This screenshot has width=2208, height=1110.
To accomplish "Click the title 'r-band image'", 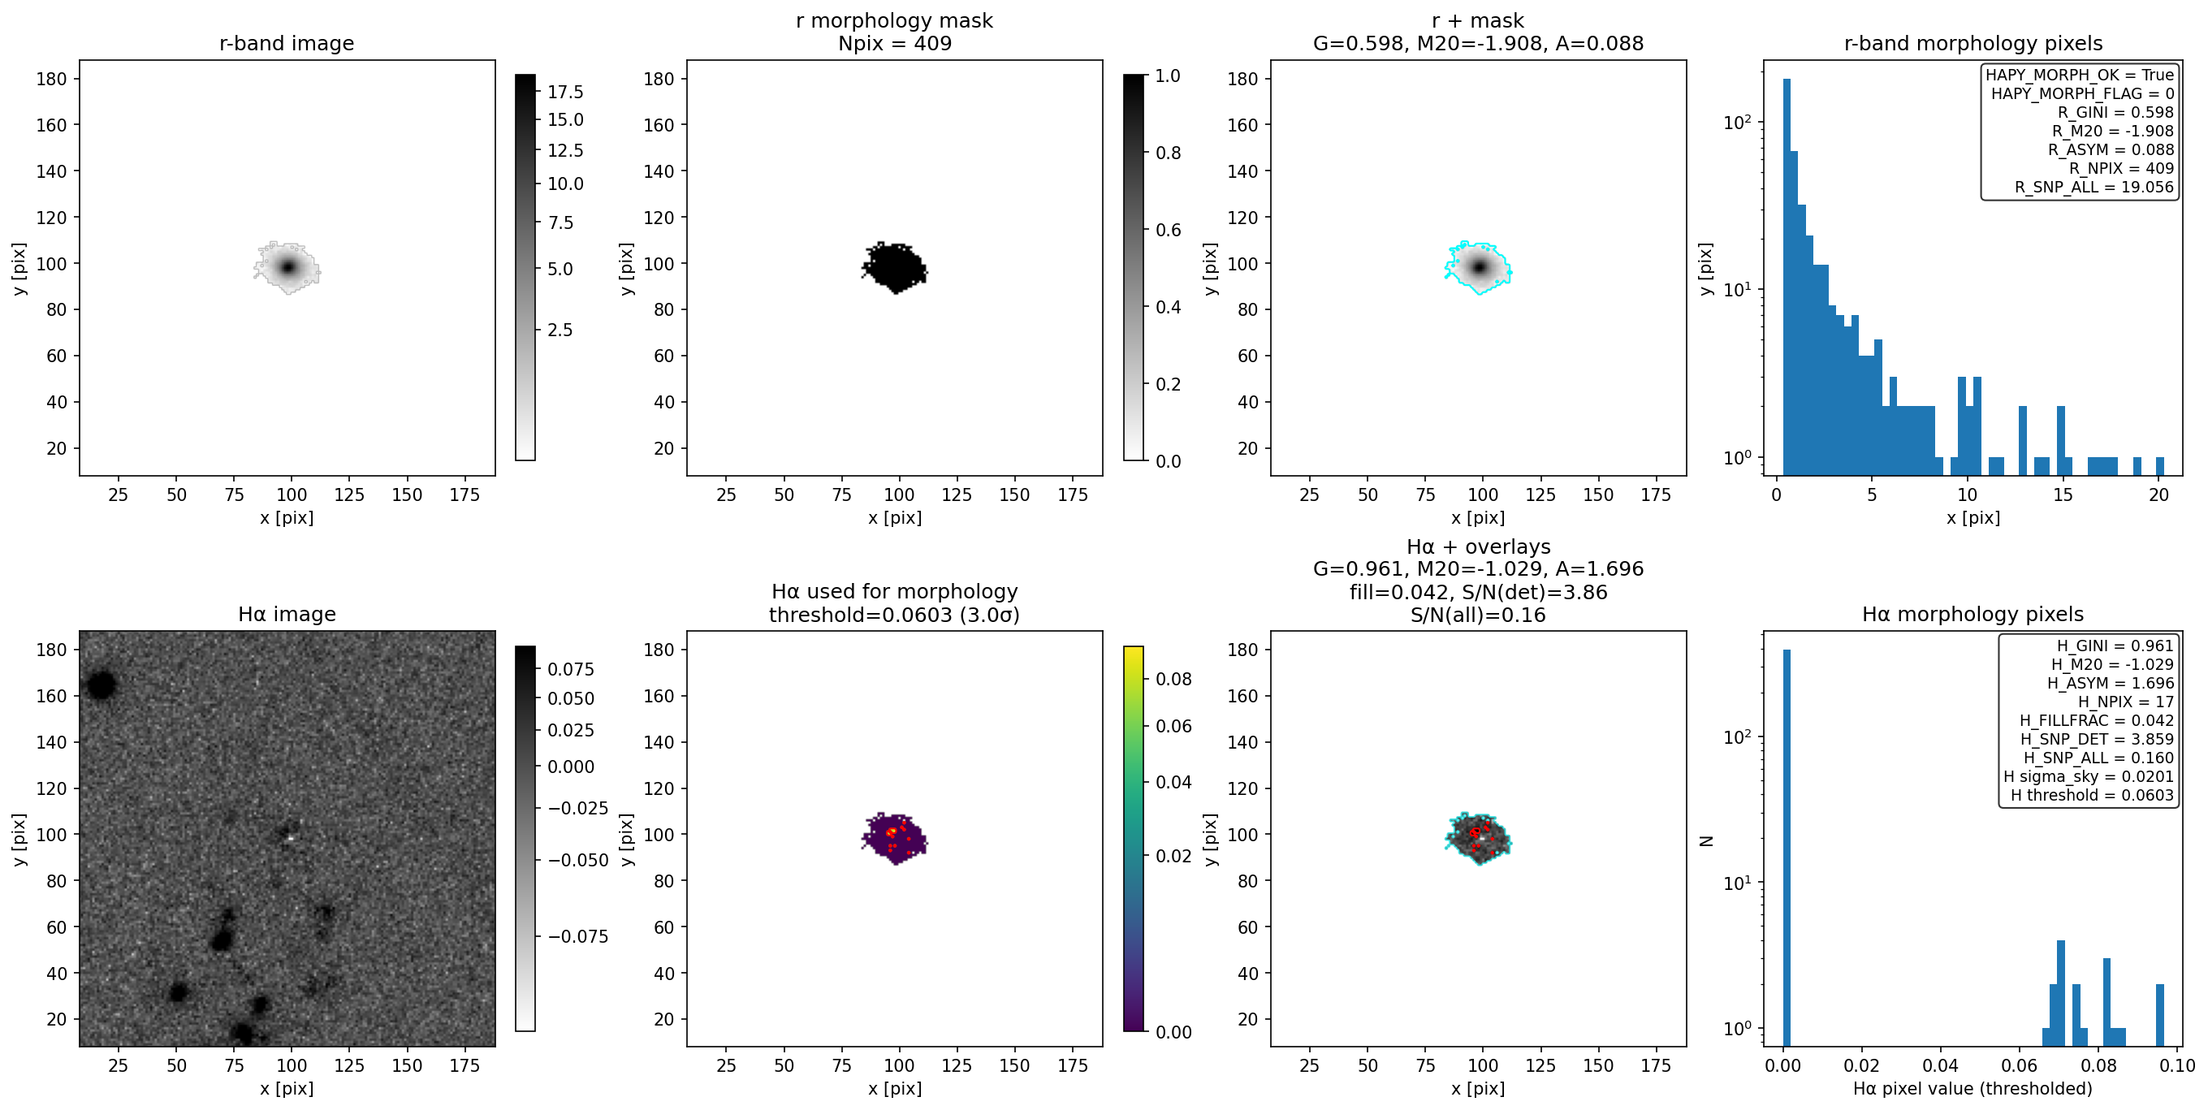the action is [x=287, y=44].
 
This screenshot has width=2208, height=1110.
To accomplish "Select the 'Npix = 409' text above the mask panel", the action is [x=894, y=44].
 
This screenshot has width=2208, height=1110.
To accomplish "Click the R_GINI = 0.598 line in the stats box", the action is [x=2115, y=112].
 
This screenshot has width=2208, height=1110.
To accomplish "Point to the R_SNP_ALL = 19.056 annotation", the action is [x=2094, y=187].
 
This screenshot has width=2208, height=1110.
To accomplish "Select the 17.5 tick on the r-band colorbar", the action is [x=565, y=93].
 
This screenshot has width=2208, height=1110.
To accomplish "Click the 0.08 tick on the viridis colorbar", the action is [x=1173, y=680].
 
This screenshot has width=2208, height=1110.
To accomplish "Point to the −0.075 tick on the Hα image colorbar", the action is [x=577, y=937].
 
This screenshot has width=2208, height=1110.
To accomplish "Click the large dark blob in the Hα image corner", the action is [x=100, y=685].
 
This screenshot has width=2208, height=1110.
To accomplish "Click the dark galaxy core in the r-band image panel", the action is [x=288, y=267].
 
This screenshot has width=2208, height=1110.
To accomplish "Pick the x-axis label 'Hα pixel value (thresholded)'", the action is [x=1973, y=1089].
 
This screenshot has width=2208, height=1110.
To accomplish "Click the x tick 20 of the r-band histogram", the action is [x=2158, y=495].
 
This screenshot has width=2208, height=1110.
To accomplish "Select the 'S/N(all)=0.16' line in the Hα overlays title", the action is [x=1478, y=615].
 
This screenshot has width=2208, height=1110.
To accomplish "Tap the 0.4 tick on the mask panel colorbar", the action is [x=1169, y=307].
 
